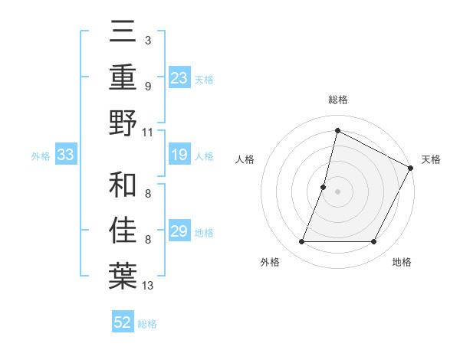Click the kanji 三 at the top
click(x=123, y=32)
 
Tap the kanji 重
click(x=123, y=77)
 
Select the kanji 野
click(x=123, y=123)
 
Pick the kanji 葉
click(x=123, y=277)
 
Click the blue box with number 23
click(x=179, y=77)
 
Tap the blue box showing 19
click(x=179, y=155)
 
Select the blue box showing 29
click(x=179, y=232)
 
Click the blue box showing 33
click(x=65, y=155)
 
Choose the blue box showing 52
click(x=123, y=322)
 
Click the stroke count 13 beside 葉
click(x=148, y=286)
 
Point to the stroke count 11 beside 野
click(x=148, y=132)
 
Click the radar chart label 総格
click(x=338, y=100)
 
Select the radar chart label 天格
click(x=431, y=159)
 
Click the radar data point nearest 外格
click(x=301, y=242)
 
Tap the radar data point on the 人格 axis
click(x=324, y=187)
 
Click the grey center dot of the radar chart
click(x=338, y=191)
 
